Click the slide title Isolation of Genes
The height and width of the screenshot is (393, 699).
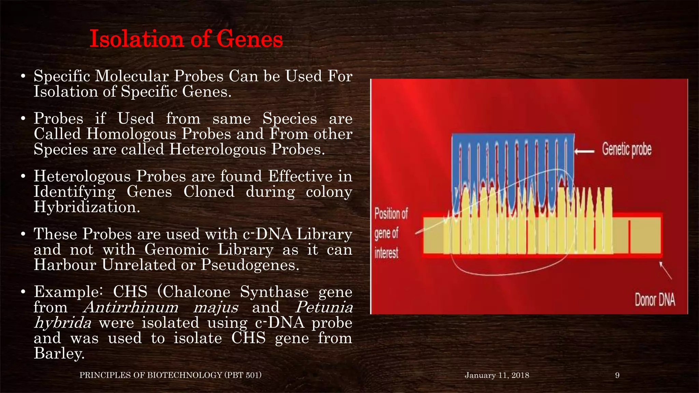[x=186, y=39]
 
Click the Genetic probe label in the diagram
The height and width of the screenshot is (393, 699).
[x=627, y=150]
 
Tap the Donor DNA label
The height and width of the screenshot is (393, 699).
[x=655, y=300]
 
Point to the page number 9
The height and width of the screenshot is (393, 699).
[x=617, y=375]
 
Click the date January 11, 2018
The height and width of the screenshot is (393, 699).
[x=497, y=375]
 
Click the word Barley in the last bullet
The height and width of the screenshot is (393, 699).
[x=58, y=353]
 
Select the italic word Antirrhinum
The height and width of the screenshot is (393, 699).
[x=131, y=307]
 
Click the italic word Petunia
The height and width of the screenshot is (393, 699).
[x=324, y=307]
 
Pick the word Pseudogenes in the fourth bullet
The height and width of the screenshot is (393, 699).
[x=249, y=265]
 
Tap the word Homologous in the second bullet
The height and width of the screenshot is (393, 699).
[x=131, y=134]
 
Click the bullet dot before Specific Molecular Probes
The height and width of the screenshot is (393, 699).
[x=23, y=76]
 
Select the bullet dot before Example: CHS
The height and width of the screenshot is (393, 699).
[x=23, y=292]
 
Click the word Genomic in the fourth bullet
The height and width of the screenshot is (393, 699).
[x=176, y=250]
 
